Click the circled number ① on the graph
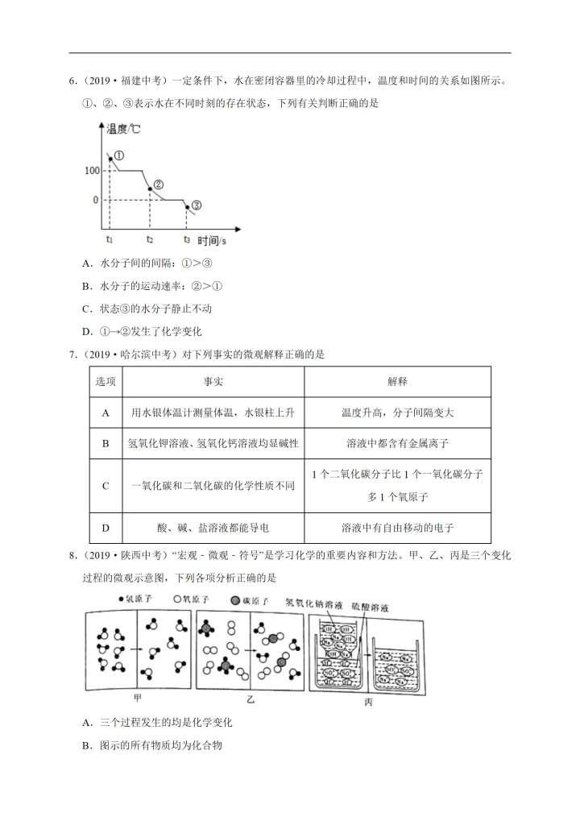(x=119, y=155)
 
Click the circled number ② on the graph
(x=158, y=185)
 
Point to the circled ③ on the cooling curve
(x=197, y=205)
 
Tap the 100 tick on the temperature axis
(x=89, y=171)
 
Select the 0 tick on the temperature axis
(x=94, y=200)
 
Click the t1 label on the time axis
(x=110, y=239)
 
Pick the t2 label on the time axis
(x=150, y=239)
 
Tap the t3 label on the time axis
(x=187, y=239)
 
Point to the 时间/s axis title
(x=212, y=240)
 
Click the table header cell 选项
(x=106, y=381)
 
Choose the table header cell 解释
(x=398, y=381)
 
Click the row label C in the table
(x=106, y=486)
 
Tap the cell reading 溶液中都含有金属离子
(x=398, y=443)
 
